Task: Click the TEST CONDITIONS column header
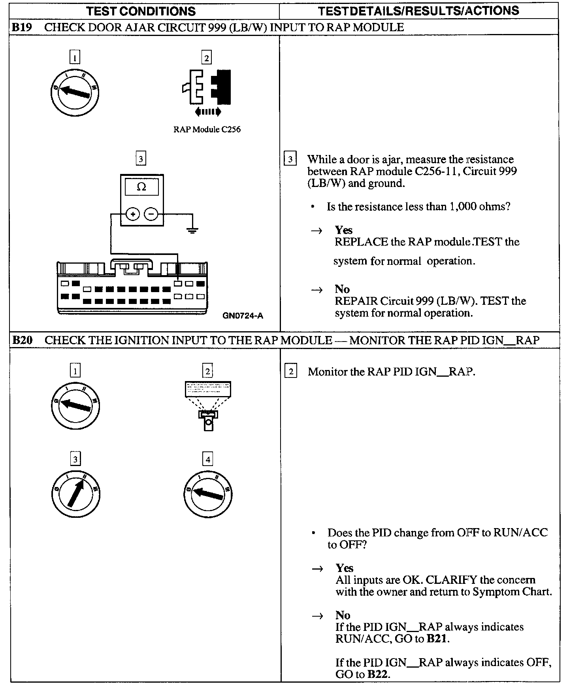point(141,11)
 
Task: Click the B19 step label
point(21,27)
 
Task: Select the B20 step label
point(22,340)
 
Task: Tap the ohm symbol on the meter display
point(141,187)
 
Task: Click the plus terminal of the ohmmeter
point(133,215)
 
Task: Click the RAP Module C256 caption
point(207,129)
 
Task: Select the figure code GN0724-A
point(243,315)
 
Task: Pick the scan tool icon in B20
point(208,405)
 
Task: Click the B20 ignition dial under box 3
point(75,494)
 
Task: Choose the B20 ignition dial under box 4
point(208,494)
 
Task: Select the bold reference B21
point(437,638)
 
